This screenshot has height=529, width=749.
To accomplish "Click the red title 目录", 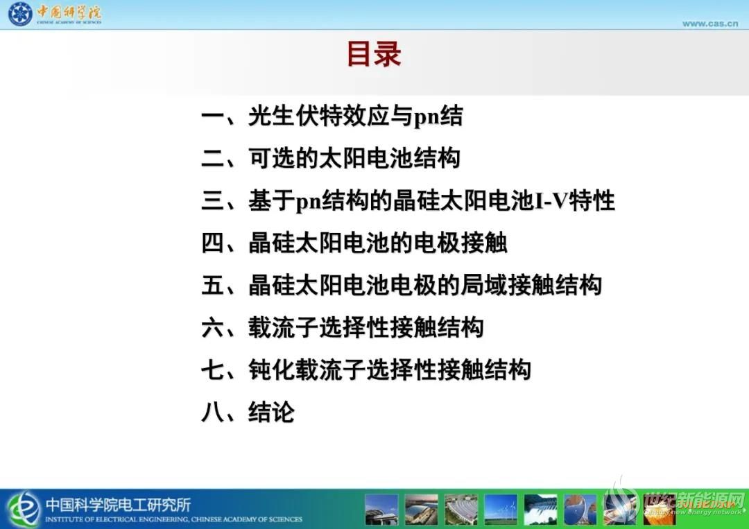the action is (374, 53).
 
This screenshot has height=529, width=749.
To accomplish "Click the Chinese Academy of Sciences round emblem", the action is (20, 14).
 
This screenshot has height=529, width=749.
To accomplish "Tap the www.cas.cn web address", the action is (710, 24).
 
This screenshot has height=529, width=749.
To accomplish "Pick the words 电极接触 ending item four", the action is (460, 243).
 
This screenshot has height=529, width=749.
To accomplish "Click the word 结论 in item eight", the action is (271, 412).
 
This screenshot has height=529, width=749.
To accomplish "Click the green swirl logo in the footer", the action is (23, 509).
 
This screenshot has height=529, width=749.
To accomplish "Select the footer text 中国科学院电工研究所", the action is (118, 505).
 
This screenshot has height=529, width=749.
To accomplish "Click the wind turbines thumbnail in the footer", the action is (500, 509).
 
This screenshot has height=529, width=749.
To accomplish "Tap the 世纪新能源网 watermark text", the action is (694, 501).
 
